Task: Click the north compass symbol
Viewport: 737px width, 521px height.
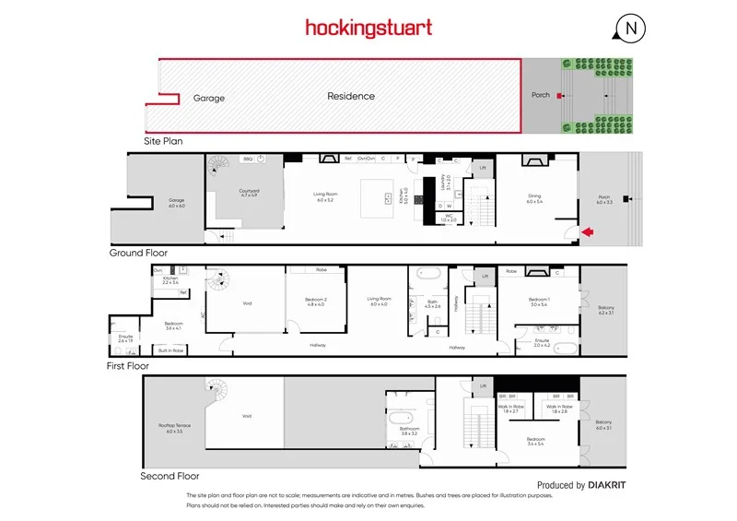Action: [x=631, y=29]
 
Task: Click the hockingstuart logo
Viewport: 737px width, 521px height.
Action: [x=368, y=29]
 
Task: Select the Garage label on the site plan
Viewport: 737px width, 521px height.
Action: [x=209, y=97]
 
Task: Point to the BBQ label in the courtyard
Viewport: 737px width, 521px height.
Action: [x=247, y=159]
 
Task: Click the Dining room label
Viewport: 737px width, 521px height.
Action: [x=534, y=197]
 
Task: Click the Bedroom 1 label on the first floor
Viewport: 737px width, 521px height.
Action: [x=538, y=300]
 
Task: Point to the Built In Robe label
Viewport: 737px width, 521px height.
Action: [x=170, y=350]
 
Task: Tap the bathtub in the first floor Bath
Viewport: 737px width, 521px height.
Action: [x=428, y=274]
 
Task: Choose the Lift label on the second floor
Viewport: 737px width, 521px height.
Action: [x=483, y=385]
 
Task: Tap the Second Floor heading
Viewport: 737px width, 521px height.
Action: [x=170, y=477]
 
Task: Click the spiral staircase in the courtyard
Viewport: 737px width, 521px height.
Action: [x=218, y=167]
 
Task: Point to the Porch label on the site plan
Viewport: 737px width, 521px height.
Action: [x=541, y=95]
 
